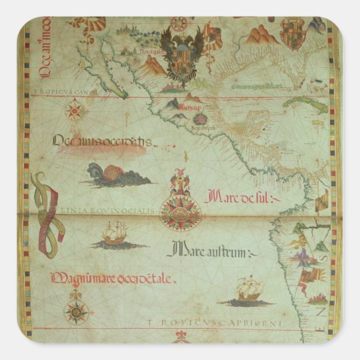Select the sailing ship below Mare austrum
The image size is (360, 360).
coord(247,289)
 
